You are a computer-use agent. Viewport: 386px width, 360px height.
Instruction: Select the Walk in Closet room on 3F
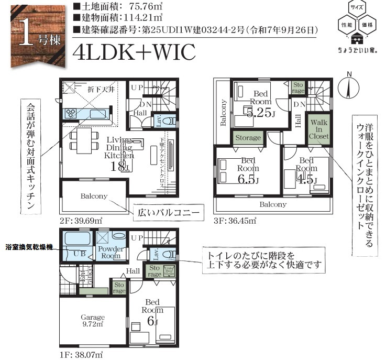pyautogui.click(x=319, y=129)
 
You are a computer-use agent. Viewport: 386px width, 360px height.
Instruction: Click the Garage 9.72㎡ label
pyautogui.click(x=92, y=320)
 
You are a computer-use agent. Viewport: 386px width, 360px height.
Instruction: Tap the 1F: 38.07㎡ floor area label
pyautogui.click(x=81, y=354)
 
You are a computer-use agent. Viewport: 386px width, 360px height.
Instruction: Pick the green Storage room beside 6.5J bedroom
pyautogui.click(x=248, y=138)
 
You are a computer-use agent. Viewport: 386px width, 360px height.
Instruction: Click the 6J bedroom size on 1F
pyautogui.click(x=152, y=321)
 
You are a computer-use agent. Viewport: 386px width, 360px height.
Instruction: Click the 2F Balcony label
pyautogui.click(x=94, y=197)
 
